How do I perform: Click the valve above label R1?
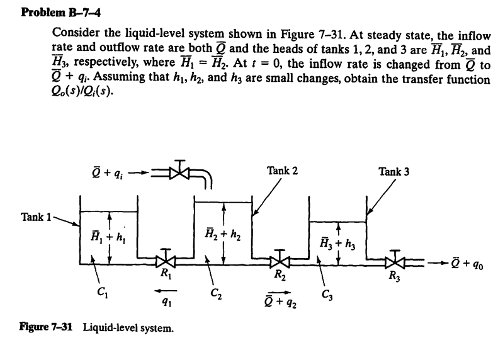(166, 258)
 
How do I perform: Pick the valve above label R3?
(395, 258)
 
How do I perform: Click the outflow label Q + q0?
(467, 262)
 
